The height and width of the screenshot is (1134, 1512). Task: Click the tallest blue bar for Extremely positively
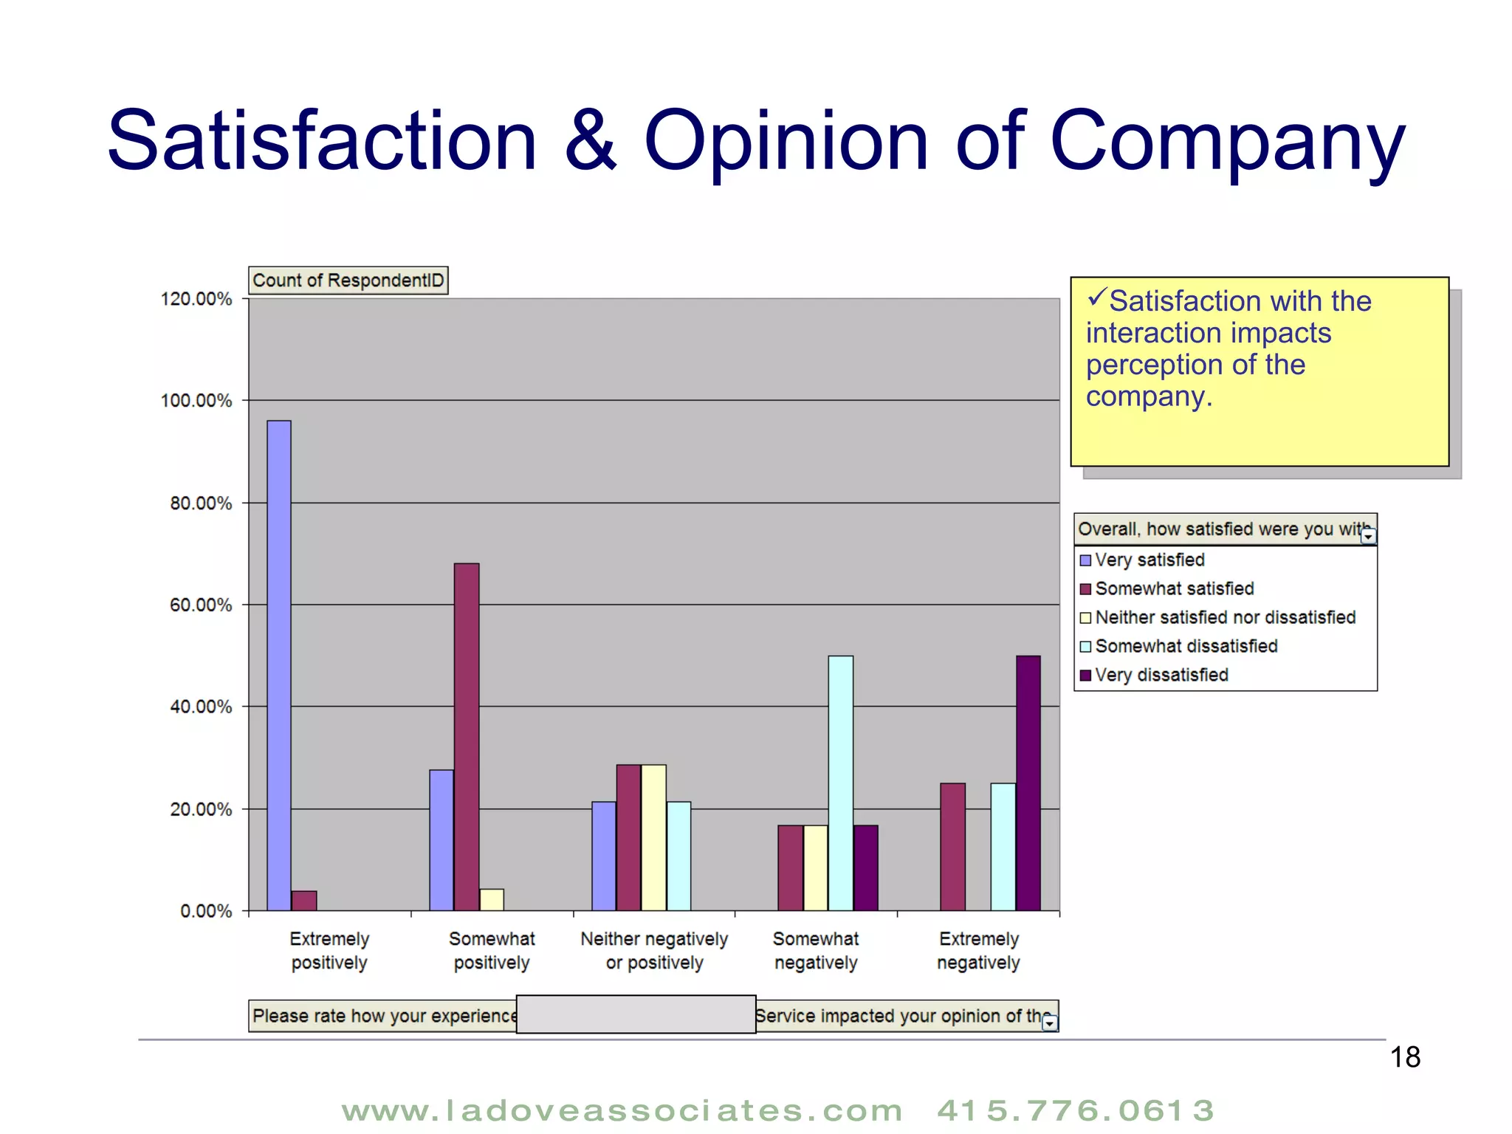point(279,664)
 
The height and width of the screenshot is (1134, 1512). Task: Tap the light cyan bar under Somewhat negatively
point(840,783)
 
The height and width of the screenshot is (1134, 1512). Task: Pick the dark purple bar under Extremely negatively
point(1028,783)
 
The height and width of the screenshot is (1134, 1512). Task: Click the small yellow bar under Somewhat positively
point(492,899)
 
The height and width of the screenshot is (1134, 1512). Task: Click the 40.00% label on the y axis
point(201,707)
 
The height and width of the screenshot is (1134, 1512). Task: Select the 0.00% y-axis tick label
point(206,911)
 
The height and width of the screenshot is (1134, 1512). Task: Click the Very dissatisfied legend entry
point(1161,675)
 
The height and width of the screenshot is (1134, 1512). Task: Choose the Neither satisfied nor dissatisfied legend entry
point(1225,617)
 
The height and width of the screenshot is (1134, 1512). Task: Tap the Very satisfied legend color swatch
point(1085,560)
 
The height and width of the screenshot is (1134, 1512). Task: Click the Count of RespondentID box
point(348,281)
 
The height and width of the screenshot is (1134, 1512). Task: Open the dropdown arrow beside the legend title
point(1368,536)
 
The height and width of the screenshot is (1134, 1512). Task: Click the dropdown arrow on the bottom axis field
point(1049,1023)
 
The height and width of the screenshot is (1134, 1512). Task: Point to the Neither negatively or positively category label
point(654,950)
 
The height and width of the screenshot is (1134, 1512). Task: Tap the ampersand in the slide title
point(590,140)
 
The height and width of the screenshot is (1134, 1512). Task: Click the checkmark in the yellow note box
point(1096,298)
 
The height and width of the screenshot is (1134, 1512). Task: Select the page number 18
point(1405,1057)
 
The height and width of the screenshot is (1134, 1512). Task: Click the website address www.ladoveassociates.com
point(622,1110)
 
